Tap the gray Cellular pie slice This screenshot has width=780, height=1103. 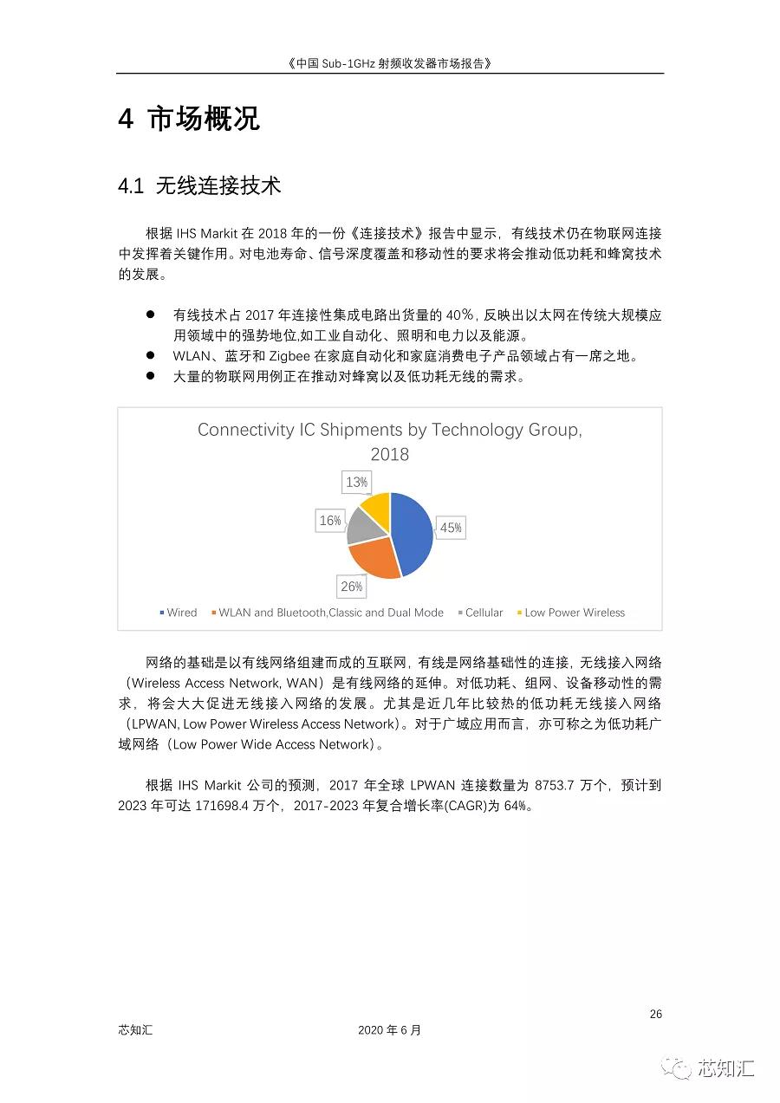(362, 524)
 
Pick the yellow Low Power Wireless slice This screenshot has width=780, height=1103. (376, 507)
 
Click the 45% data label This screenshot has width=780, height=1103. (451, 528)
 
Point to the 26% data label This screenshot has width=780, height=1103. (351, 587)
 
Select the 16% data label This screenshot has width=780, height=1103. (330, 521)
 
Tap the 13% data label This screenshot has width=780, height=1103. (356, 482)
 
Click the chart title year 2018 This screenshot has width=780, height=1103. (389, 454)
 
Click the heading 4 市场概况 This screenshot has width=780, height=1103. (188, 119)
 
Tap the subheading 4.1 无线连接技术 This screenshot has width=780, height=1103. (199, 185)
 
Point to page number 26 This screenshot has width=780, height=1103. (656, 1014)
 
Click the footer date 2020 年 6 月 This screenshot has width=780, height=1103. (389, 1030)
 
